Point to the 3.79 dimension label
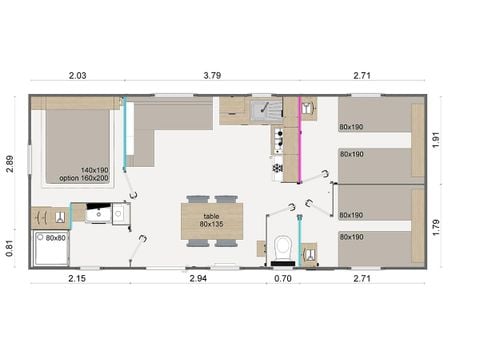click(212, 76)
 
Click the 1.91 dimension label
click(436, 140)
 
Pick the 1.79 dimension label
click(436, 226)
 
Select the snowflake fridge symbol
click(276, 167)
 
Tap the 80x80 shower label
click(55, 238)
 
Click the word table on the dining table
click(211, 215)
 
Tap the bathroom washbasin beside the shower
click(100, 213)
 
